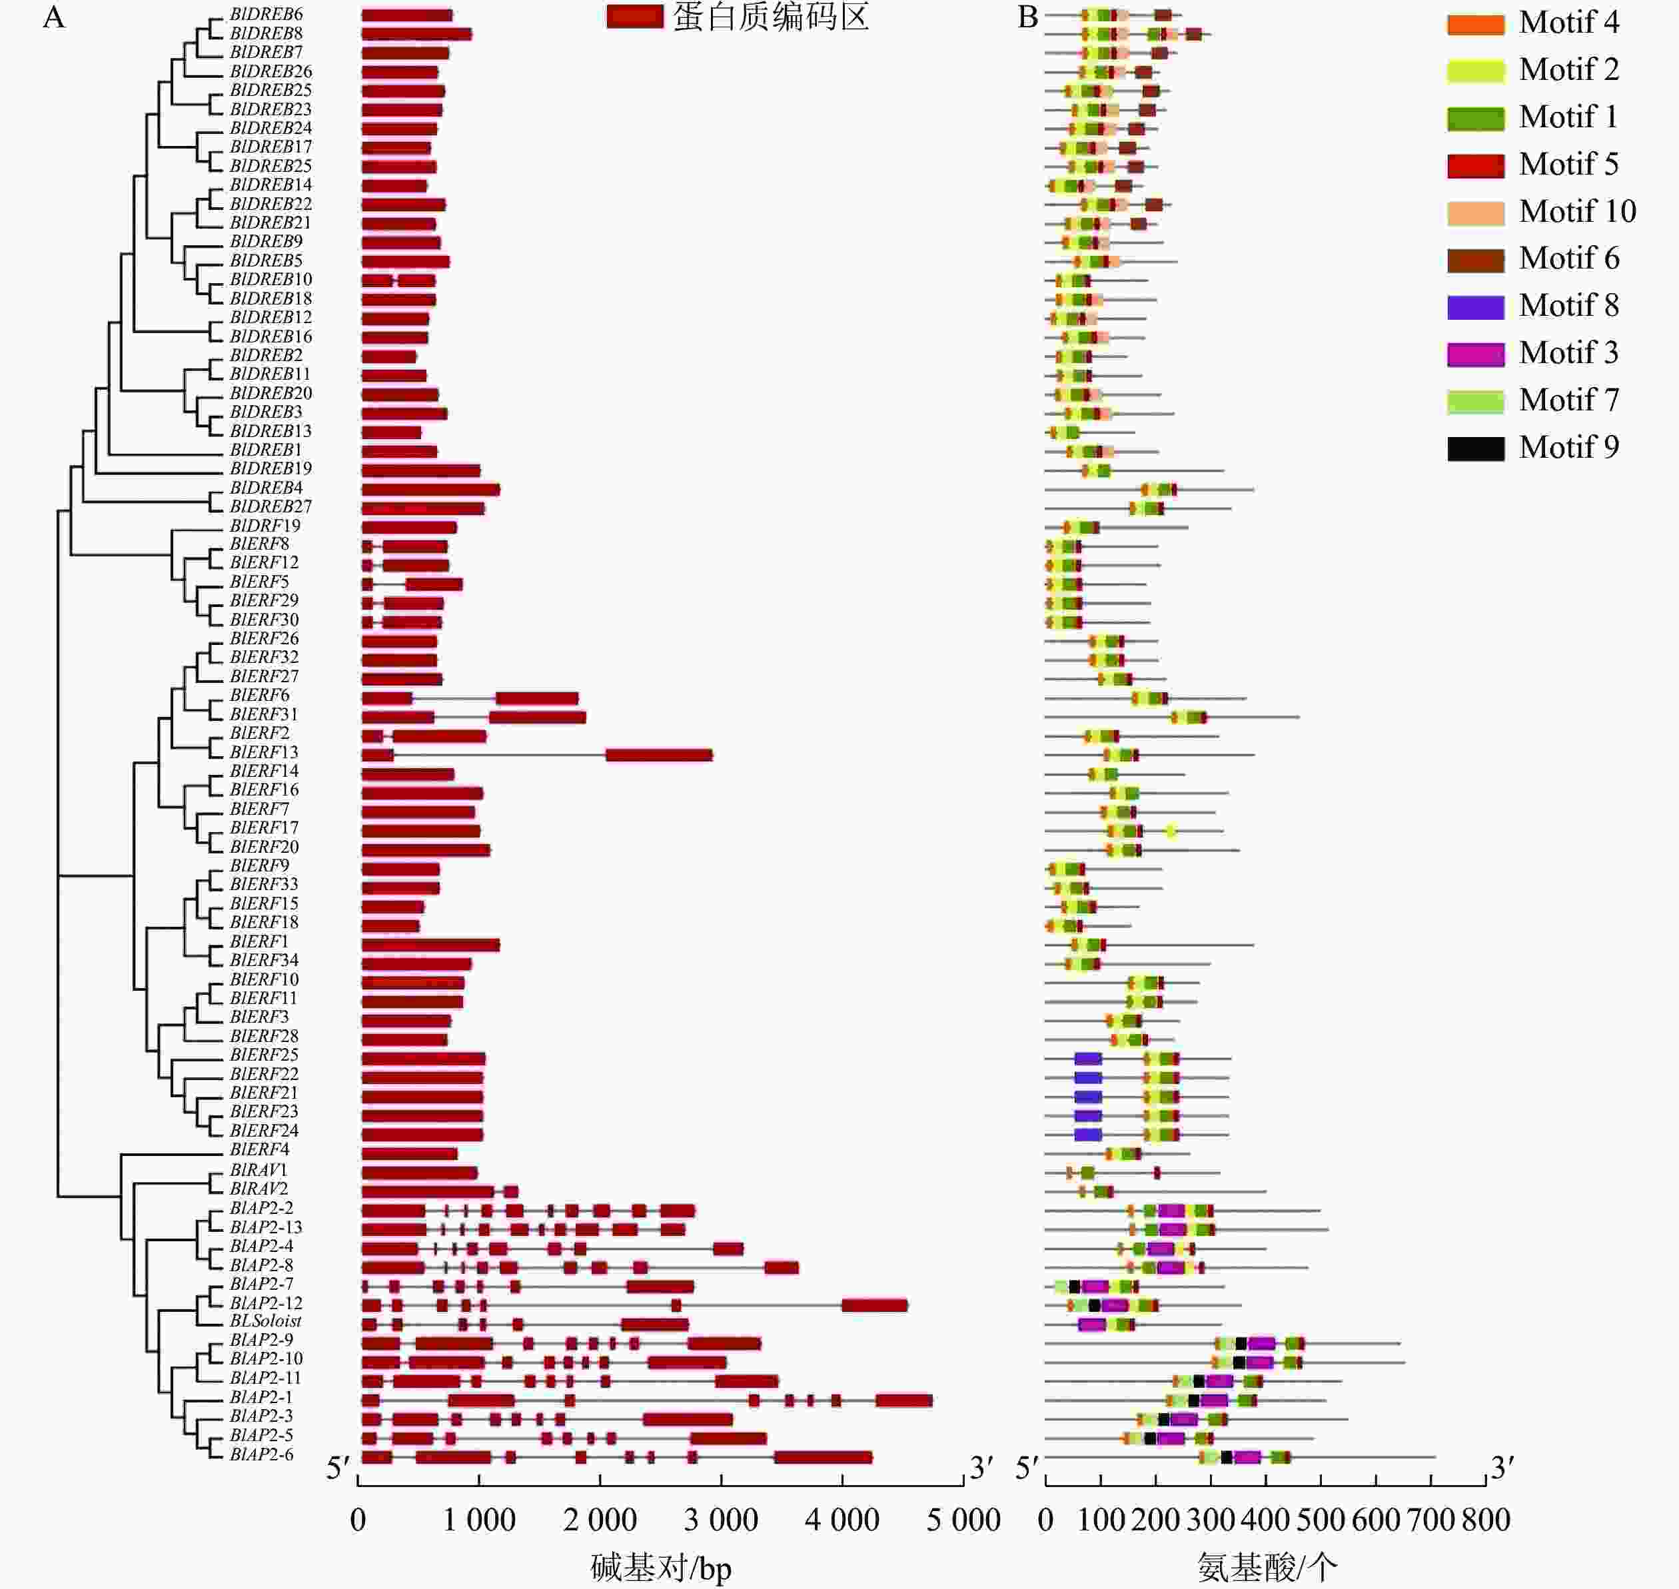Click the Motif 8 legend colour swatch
(x=1475, y=306)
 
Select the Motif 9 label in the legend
(x=1568, y=447)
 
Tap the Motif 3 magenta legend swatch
(x=1475, y=353)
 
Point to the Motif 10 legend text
(x=1576, y=212)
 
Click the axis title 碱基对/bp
(x=661, y=1568)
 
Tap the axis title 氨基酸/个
(x=1267, y=1568)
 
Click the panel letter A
(x=53, y=17)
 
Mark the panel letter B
(x=1027, y=17)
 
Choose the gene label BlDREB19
(x=271, y=468)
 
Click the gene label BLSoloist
(x=265, y=1321)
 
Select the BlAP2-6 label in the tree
(x=261, y=1454)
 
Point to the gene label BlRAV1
(x=259, y=1170)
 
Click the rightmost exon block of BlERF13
(x=659, y=755)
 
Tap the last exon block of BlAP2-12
(x=874, y=1305)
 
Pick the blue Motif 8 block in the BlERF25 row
(x=1088, y=1059)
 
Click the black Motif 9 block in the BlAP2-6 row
(x=1226, y=1457)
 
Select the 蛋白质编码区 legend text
(x=771, y=17)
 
